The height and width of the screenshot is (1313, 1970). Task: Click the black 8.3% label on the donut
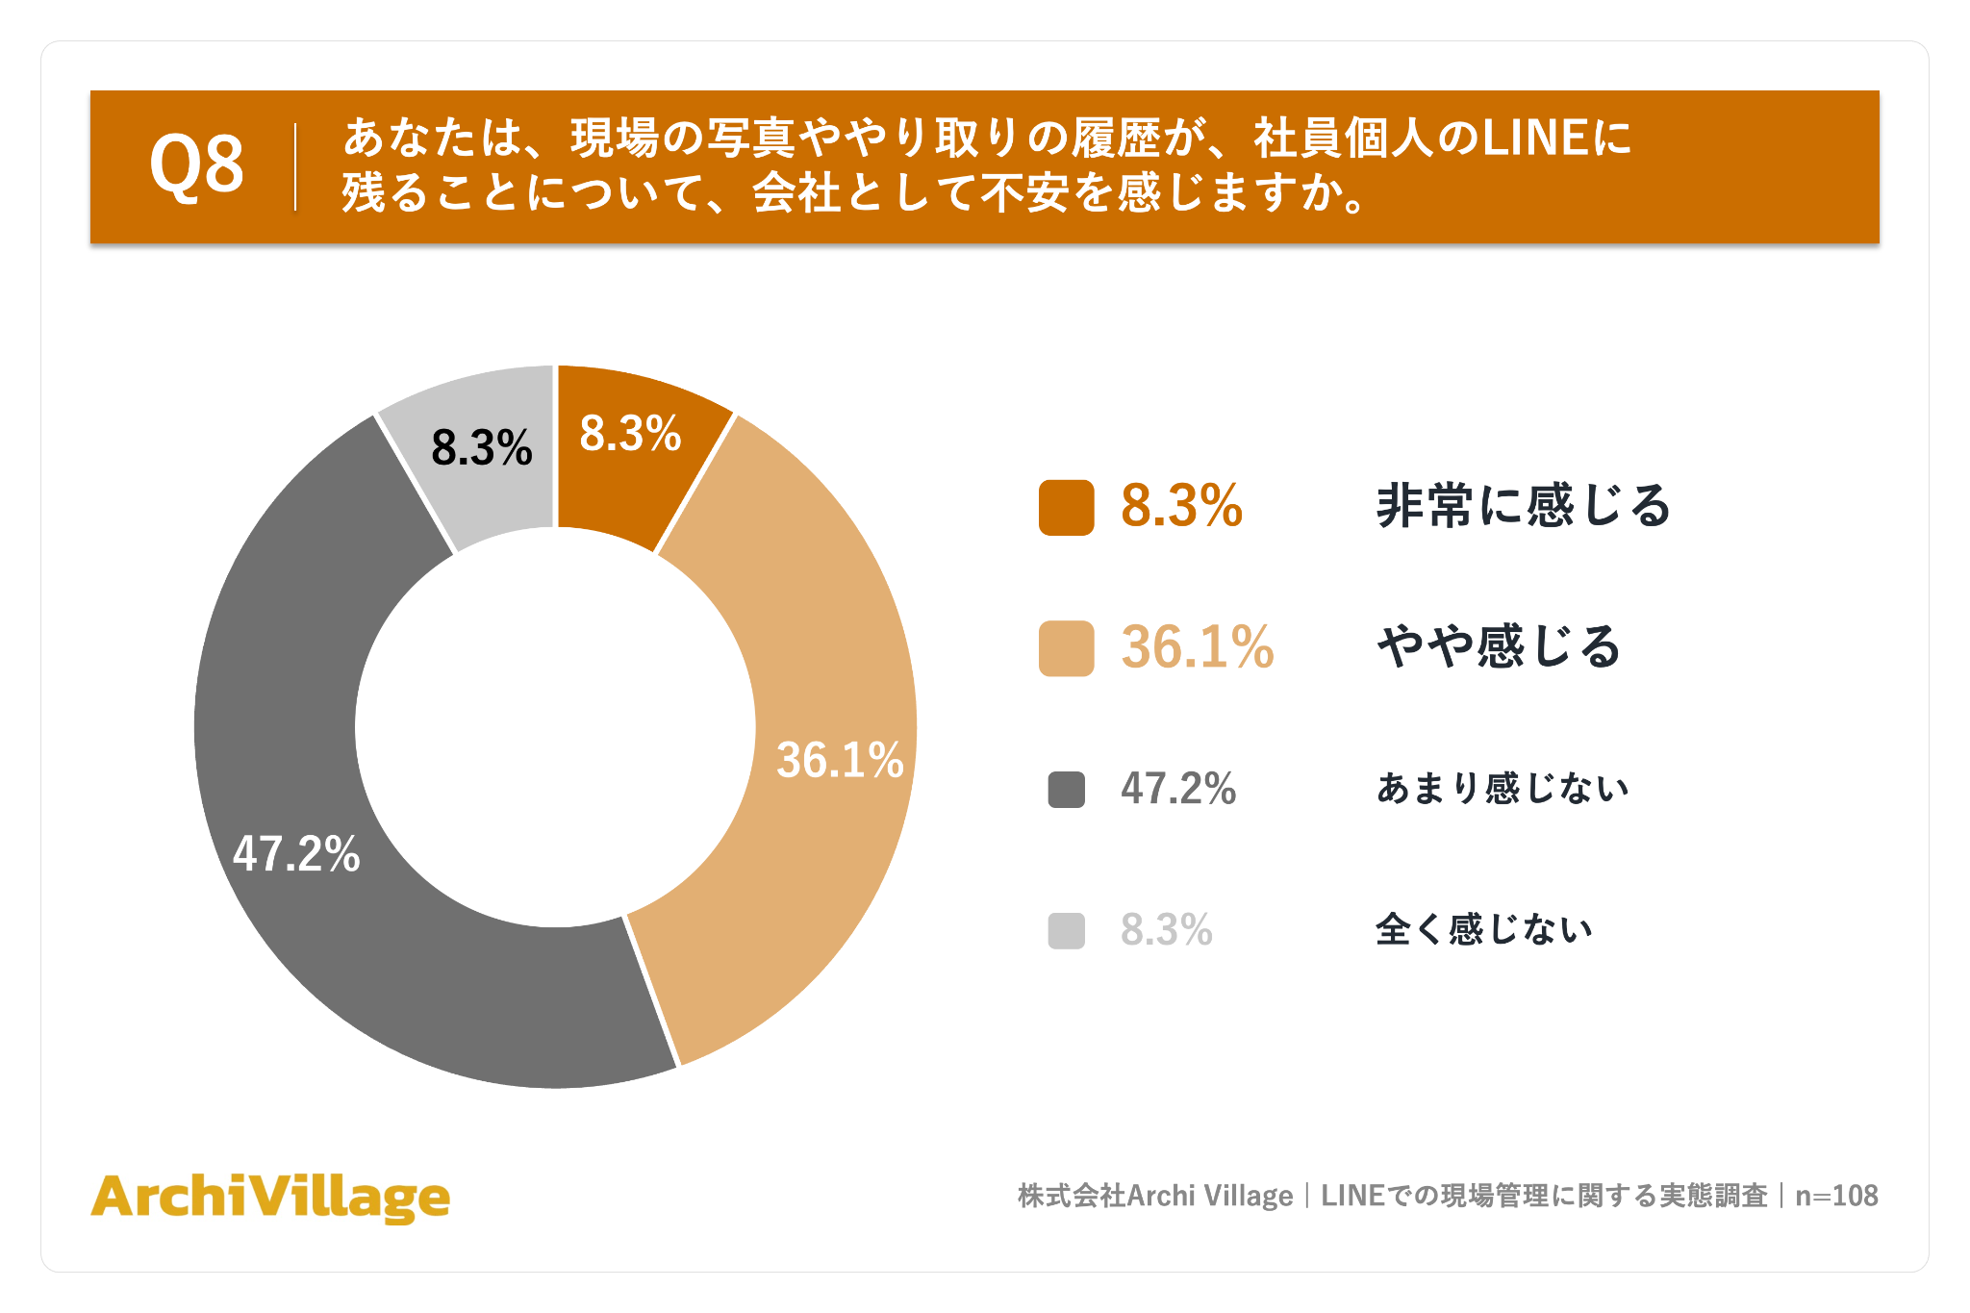(x=482, y=448)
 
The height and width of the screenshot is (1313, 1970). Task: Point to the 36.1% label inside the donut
(x=840, y=760)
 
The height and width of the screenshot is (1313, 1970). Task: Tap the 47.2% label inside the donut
(x=296, y=853)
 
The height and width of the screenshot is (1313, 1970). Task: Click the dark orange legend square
(x=1066, y=507)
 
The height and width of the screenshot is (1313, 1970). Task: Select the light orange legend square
(x=1066, y=648)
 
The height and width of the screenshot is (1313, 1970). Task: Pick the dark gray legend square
(x=1066, y=790)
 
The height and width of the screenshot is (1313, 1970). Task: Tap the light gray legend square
(x=1066, y=930)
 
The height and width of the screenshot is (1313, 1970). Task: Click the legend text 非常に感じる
(x=1524, y=506)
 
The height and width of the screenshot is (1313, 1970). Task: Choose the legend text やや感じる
(x=1499, y=646)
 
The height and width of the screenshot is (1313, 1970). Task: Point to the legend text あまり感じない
(x=1503, y=789)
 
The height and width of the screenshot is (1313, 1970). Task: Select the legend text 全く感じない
(x=1484, y=929)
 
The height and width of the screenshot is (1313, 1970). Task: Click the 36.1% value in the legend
(x=1198, y=646)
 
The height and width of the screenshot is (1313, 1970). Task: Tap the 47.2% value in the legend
(x=1178, y=789)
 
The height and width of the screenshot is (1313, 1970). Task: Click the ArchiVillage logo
(x=270, y=1198)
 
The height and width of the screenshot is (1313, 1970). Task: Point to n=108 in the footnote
(x=1836, y=1196)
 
